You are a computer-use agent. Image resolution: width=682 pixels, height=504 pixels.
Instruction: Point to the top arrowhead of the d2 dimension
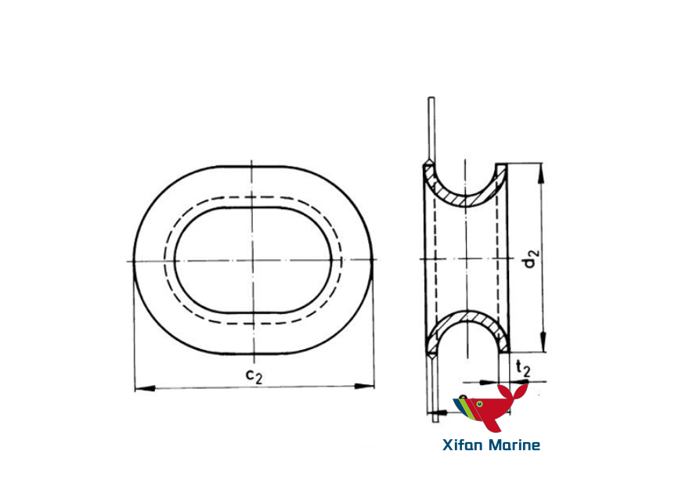(541, 169)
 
